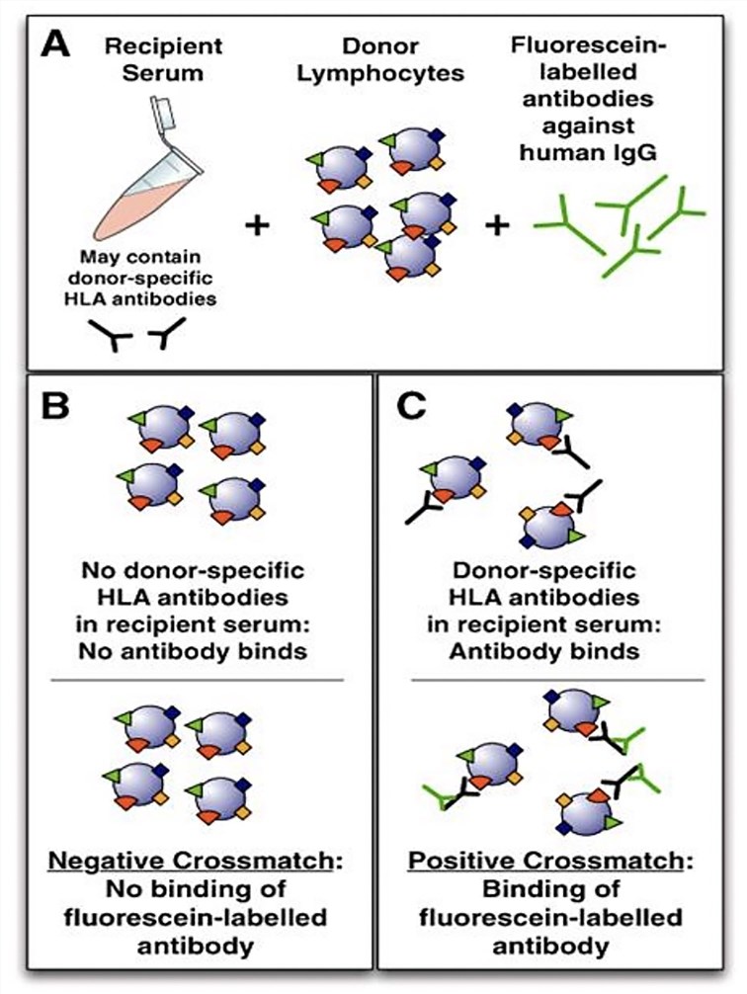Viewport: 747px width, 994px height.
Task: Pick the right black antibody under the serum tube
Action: click(x=169, y=340)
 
